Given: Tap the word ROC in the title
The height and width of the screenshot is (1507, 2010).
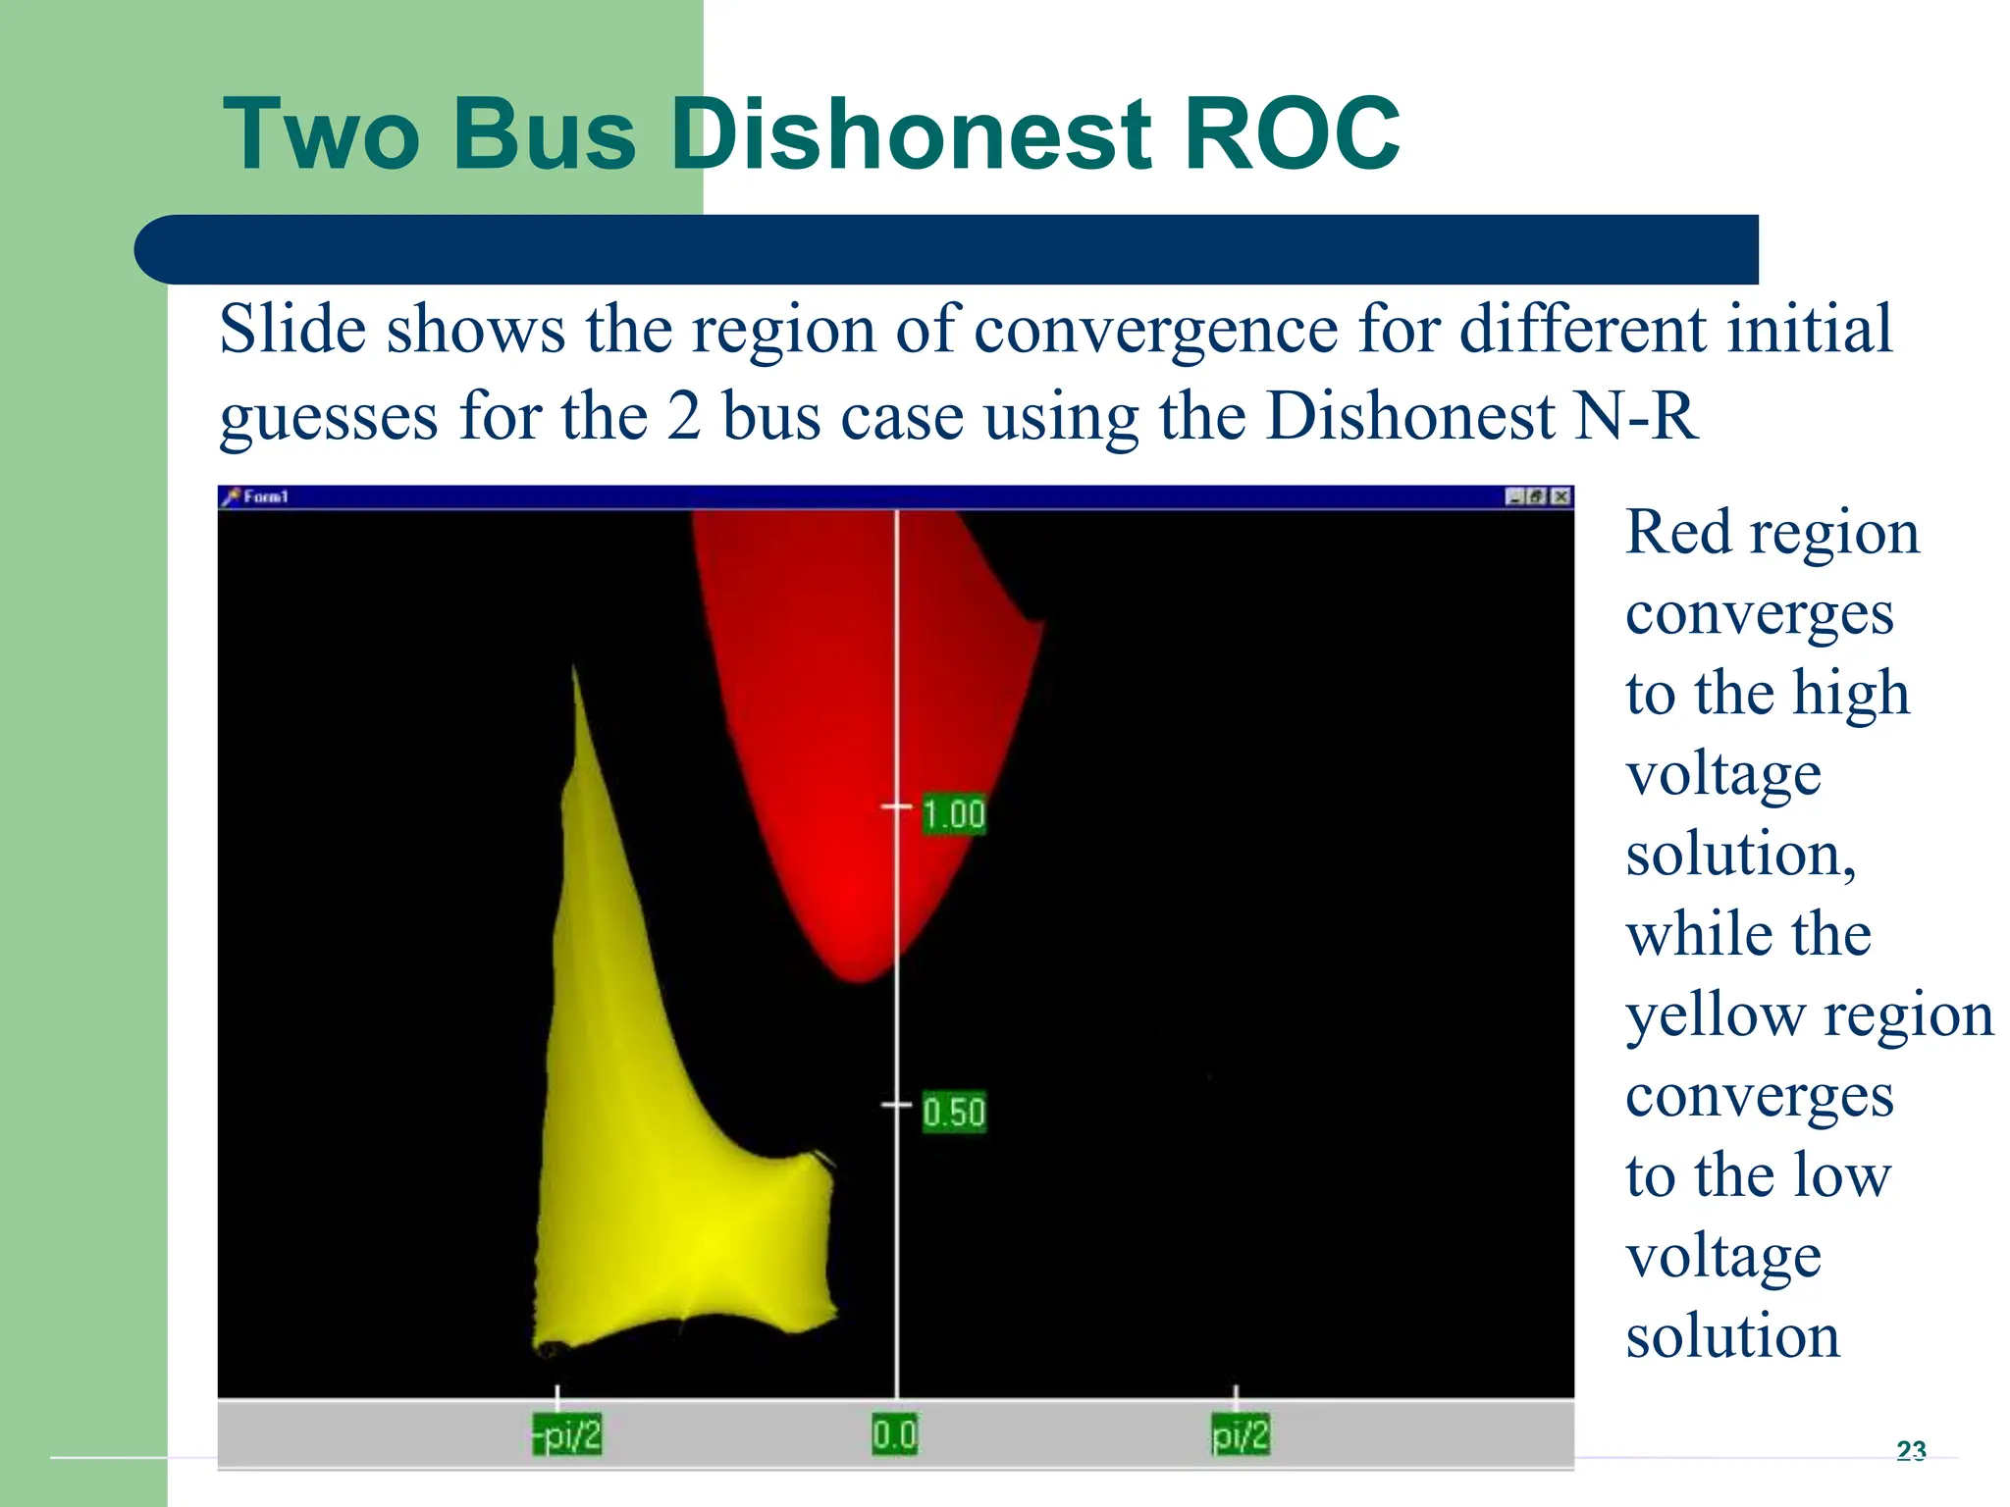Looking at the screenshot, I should click(x=1292, y=134).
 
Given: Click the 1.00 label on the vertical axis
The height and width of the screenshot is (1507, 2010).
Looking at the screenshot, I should click(x=953, y=814).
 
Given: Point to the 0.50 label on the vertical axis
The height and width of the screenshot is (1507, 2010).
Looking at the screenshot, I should click(x=953, y=1113).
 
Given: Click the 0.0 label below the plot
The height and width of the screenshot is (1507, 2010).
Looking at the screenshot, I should click(x=894, y=1435).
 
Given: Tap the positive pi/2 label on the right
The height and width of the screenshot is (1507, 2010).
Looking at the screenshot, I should click(x=1240, y=1435).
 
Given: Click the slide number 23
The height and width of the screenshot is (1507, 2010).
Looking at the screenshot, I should click(x=1911, y=1450).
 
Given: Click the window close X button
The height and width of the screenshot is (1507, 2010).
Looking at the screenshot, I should click(x=1560, y=497).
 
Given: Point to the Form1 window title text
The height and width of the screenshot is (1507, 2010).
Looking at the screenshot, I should click(x=266, y=497).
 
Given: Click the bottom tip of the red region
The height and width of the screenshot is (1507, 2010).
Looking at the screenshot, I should click(x=859, y=979).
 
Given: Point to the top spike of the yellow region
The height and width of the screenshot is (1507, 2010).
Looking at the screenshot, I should click(x=575, y=672).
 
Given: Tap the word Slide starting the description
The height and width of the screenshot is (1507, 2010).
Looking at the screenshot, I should click(x=293, y=330).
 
